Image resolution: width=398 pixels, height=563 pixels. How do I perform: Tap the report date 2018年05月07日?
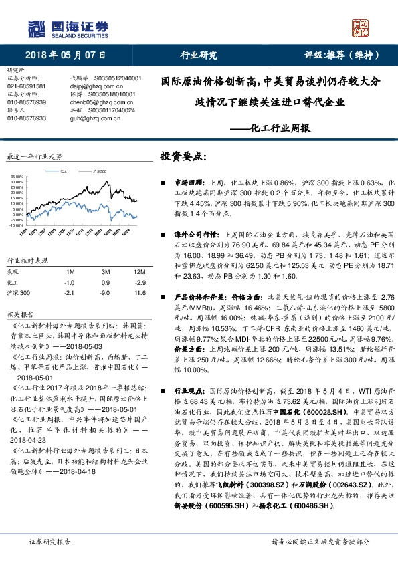[x=66, y=55]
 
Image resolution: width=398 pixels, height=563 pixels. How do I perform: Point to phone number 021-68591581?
[x=27, y=86]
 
